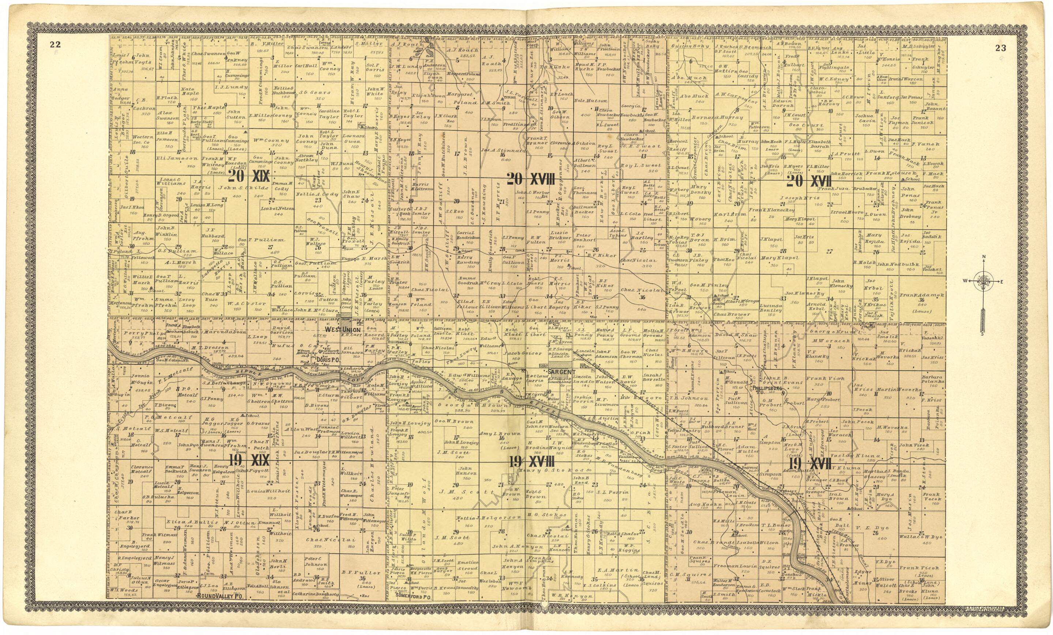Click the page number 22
click(x=55, y=44)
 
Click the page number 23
click(x=1000, y=48)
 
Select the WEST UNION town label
click(x=342, y=330)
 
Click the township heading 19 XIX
click(x=249, y=460)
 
